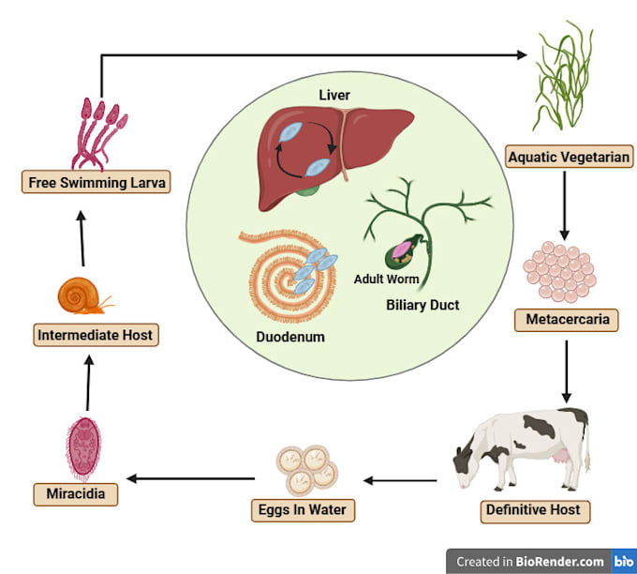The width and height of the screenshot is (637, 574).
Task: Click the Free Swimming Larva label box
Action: (96, 182)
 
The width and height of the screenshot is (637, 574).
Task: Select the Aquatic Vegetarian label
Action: (568, 156)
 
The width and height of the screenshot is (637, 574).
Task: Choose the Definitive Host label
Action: (532, 511)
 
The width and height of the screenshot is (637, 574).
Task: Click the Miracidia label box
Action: (68, 492)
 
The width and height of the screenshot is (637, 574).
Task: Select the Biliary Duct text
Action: (422, 305)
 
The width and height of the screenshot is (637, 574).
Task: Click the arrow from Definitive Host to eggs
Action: (400, 481)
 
